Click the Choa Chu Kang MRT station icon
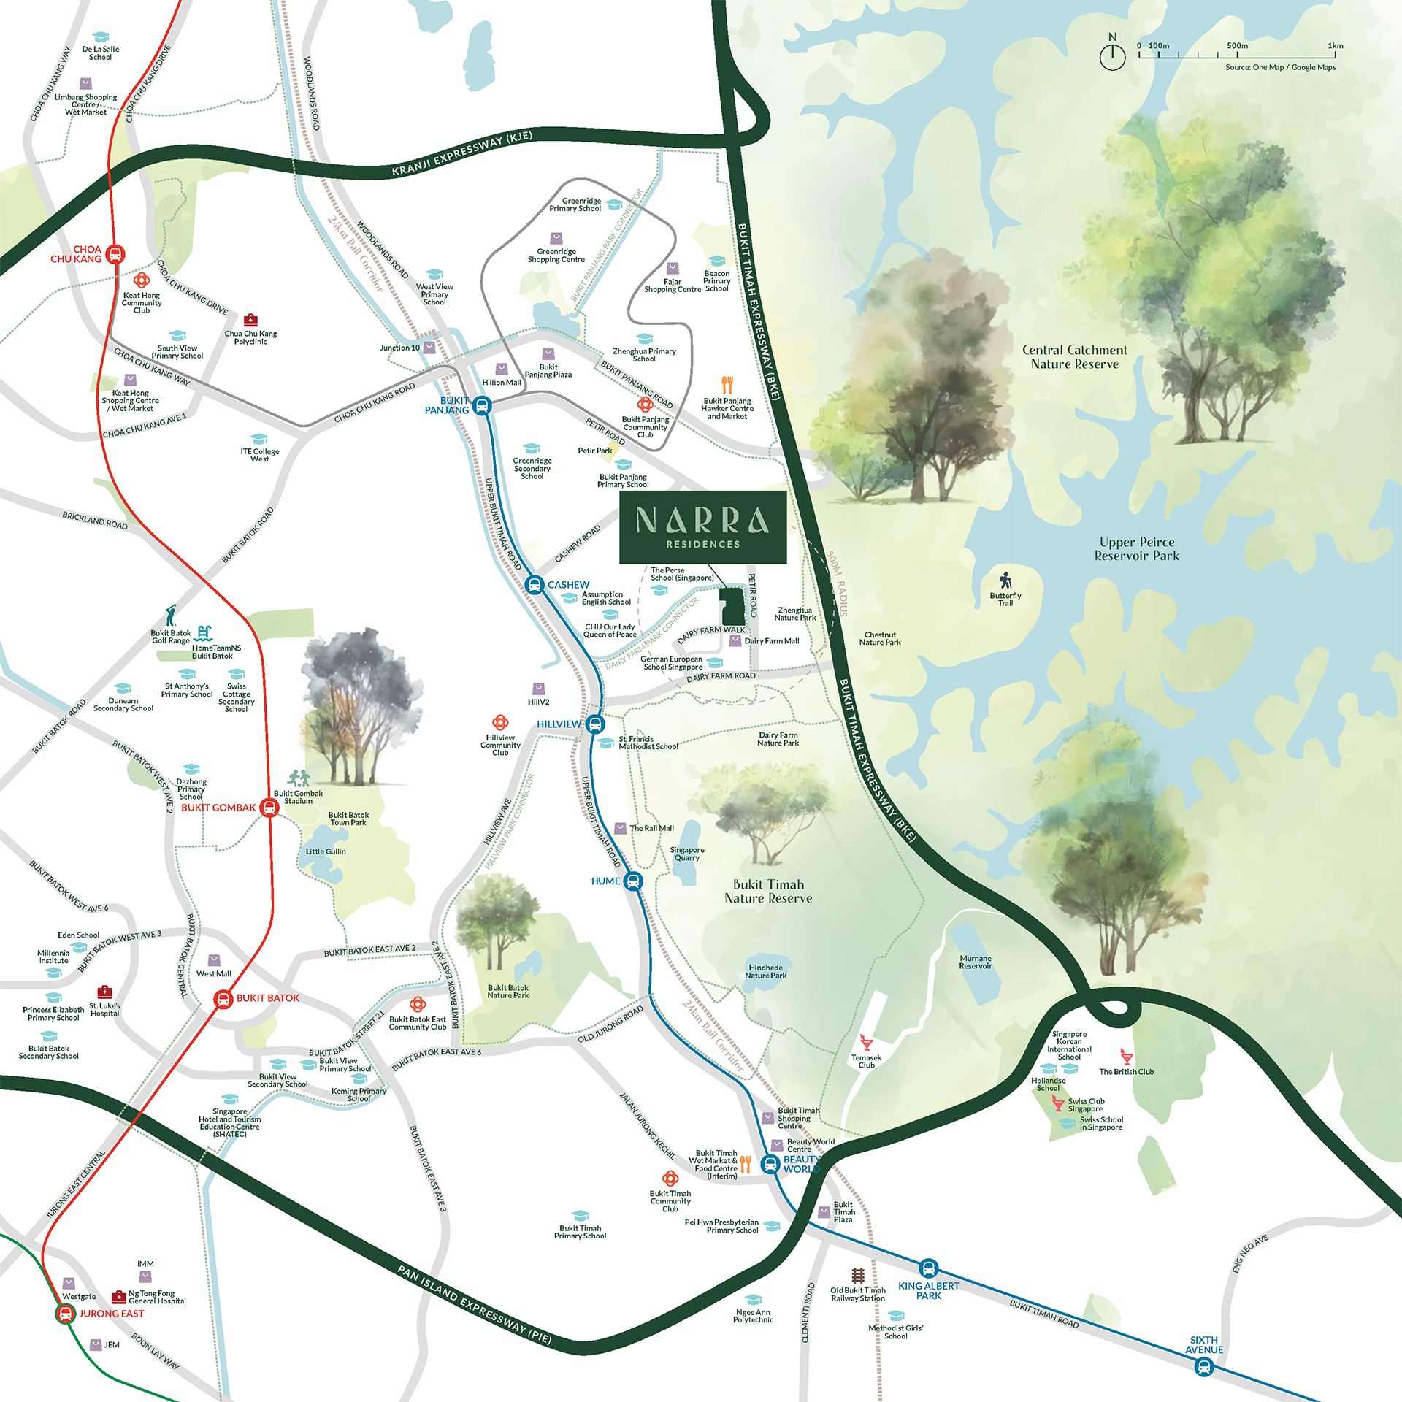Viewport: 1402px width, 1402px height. pos(115,254)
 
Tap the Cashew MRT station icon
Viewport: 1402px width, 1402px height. pos(535,585)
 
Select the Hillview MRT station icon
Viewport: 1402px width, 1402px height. pos(596,724)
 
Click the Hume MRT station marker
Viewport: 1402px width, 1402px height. pos(633,881)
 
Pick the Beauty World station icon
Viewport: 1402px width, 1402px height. pos(770,1164)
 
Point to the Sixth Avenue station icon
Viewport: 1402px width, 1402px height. pos(1203,1367)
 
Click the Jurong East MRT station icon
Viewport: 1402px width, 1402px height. pos(66,1314)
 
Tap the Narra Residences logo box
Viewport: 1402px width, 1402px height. pos(702,526)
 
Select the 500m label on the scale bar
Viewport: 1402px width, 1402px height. pos(1237,46)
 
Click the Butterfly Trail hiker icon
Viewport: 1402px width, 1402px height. pos(1006,580)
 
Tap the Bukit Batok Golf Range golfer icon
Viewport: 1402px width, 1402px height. pos(171,616)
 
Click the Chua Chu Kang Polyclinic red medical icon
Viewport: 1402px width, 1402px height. pos(250,320)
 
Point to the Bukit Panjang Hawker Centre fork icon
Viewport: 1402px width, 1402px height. pos(727,385)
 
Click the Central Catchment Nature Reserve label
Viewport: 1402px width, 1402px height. pos(1074,357)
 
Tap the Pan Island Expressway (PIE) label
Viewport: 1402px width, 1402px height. pos(474,1304)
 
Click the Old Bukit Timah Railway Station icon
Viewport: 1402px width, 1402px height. pos(858,1276)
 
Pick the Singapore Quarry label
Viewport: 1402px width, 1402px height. pos(687,854)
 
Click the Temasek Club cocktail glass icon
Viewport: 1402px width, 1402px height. pos(867,1042)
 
